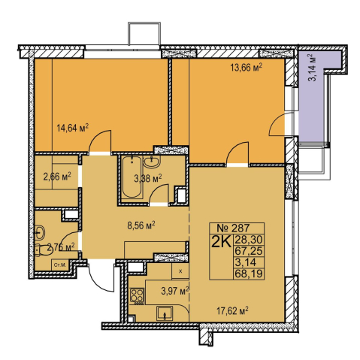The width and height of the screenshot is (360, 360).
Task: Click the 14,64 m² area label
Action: coord(73,129)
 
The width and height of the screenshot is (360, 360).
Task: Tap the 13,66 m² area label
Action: coord(247,68)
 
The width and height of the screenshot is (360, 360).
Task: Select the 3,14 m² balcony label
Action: coord(313,67)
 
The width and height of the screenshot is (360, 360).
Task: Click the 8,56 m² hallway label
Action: coord(141,225)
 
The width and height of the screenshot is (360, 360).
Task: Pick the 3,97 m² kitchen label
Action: coord(175,292)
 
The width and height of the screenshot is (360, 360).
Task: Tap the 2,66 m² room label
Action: coord(57,177)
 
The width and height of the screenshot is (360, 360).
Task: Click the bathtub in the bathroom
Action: coord(132,177)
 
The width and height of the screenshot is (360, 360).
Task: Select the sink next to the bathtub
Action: coord(152,162)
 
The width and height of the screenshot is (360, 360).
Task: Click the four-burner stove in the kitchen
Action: coord(137,296)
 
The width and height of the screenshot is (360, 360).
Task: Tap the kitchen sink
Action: coord(165,313)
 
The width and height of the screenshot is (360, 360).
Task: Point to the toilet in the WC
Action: coord(43,250)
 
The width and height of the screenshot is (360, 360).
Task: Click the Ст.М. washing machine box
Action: coord(60,265)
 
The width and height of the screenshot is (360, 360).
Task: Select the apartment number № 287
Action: coord(233,228)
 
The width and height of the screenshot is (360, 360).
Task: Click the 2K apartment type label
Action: coord(221,242)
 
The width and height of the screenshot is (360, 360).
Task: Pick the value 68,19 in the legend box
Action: coord(249,274)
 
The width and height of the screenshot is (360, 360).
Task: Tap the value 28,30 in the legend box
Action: coord(249,240)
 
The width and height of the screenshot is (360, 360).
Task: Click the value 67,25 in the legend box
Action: coord(249,251)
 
